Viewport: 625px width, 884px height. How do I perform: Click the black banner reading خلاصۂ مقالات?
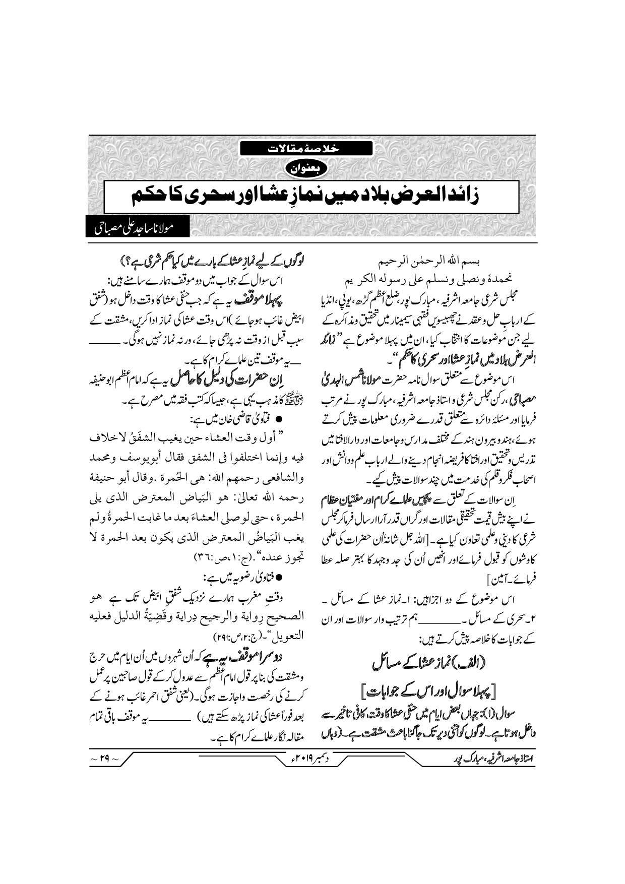coord(305,149)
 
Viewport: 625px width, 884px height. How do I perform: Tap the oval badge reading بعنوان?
coord(305,168)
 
